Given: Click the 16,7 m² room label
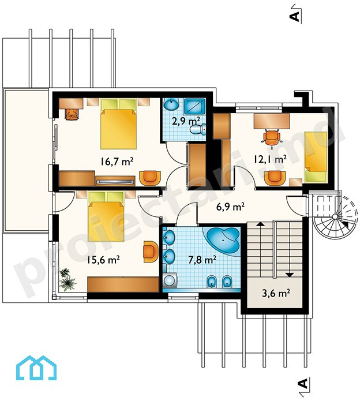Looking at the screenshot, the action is click(x=117, y=162).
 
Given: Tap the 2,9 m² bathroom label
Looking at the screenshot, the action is click(x=186, y=121).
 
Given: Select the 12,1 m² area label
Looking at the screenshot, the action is click(x=270, y=159).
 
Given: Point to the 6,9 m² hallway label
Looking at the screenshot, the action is click(x=230, y=207).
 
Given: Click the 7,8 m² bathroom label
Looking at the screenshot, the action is click(x=202, y=260).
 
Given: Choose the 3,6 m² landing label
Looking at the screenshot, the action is click(x=276, y=293).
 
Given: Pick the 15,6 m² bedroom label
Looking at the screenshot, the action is click(x=103, y=260).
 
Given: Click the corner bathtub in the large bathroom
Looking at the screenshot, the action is click(x=222, y=240).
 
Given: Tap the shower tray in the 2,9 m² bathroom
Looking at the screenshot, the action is click(x=194, y=106).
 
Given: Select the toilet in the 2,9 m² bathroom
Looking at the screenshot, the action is click(x=198, y=129).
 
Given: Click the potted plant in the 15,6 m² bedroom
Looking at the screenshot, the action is click(x=67, y=279).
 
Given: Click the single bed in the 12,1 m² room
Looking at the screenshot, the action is click(x=316, y=158).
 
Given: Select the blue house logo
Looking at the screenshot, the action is click(x=36, y=367).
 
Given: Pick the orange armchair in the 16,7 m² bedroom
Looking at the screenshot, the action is click(x=151, y=178).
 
